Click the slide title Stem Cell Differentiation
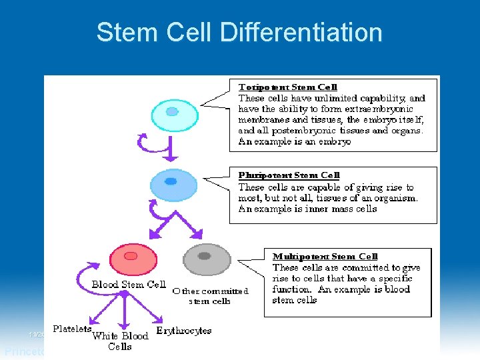click(239, 32)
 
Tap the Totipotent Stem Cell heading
click(288, 87)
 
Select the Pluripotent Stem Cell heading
click(289, 175)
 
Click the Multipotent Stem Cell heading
click(325, 257)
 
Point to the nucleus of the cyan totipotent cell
click(172, 111)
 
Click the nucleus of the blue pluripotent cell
click(171, 181)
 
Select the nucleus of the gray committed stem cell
click(204, 255)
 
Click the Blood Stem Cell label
click(129, 285)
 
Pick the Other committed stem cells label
click(210, 296)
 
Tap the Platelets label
click(72, 329)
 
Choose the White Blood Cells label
click(120, 341)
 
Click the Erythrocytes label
click(183, 331)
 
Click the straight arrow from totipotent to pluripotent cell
click(171, 149)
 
